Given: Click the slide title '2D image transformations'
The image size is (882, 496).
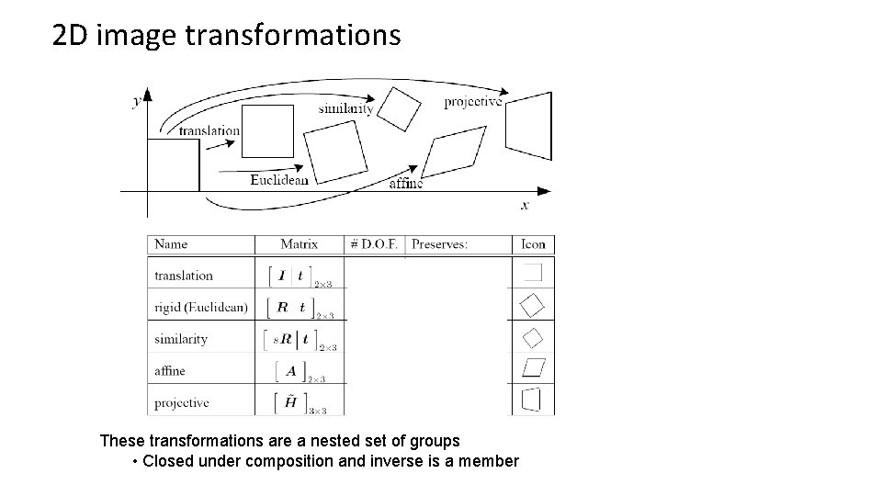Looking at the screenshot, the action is click(227, 36).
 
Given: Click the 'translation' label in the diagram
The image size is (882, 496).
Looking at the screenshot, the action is click(209, 130).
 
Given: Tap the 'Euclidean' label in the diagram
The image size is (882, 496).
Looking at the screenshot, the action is click(279, 180).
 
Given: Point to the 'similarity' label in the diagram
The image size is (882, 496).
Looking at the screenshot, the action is click(345, 108).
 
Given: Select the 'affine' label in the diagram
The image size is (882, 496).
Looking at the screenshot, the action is click(406, 183).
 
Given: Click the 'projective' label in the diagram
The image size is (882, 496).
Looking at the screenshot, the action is click(473, 102).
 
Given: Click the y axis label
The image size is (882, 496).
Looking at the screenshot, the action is click(137, 103).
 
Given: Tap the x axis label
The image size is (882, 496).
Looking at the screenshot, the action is click(525, 205).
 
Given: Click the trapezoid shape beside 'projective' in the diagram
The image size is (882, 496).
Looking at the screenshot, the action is click(529, 124).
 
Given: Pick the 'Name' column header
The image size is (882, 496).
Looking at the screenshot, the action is click(171, 244).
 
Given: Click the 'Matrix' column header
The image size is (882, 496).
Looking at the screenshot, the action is click(300, 244).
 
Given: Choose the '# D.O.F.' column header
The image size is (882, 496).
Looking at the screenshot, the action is click(374, 244).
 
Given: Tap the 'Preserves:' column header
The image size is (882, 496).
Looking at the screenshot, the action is click(439, 244).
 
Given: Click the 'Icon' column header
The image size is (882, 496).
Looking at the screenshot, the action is click(533, 244).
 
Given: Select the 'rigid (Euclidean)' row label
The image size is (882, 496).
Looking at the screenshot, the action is click(200, 307).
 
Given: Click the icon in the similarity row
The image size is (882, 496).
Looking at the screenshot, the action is click(533, 338).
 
